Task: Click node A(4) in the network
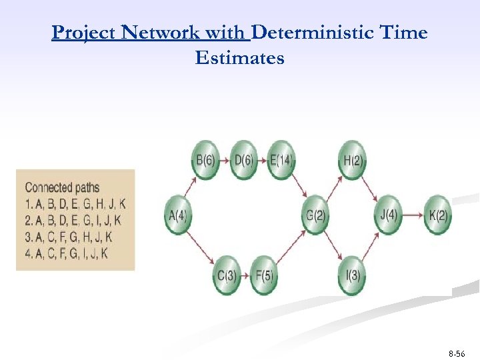click(178, 215)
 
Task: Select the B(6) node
click(205, 160)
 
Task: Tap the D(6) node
click(243, 160)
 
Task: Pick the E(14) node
click(281, 160)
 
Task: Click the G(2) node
click(316, 215)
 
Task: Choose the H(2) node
click(351, 160)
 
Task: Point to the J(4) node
click(388, 215)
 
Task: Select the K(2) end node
click(438, 215)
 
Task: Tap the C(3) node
click(227, 275)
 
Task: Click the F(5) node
click(263, 275)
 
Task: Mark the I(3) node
click(351, 275)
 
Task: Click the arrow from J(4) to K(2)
click(413, 215)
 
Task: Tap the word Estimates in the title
click(239, 58)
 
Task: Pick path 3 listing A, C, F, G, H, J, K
click(68, 237)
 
